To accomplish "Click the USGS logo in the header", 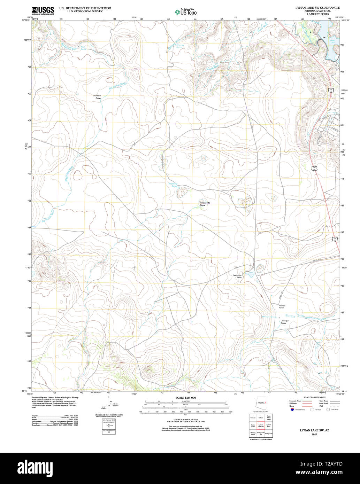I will [x=43, y=11].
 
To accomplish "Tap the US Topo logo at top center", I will [x=185, y=12].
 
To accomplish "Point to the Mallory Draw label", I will [x=98, y=97].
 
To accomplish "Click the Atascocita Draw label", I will [x=203, y=204].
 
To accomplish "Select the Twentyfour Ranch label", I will [x=237, y=276].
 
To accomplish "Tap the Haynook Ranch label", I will [x=282, y=307].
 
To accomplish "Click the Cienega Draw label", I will [x=284, y=322].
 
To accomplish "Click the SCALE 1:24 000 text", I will [x=186, y=398].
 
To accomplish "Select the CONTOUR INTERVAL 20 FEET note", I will [x=186, y=420].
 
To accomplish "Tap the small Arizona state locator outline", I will [x=261, y=403].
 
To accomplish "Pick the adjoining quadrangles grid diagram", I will [x=261, y=425].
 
